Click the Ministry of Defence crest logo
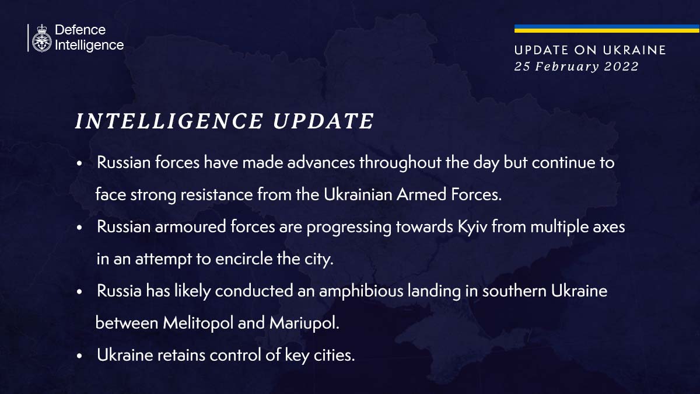click(41, 38)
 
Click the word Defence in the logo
click(80, 30)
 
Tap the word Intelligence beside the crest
click(89, 45)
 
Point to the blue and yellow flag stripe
click(607, 29)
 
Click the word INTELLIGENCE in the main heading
click(170, 121)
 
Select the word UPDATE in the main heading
click(323, 121)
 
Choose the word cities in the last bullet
click(334, 354)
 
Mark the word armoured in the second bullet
click(185, 226)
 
